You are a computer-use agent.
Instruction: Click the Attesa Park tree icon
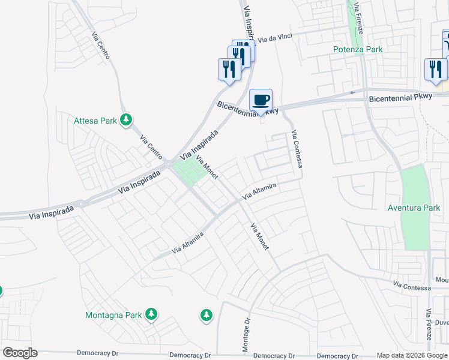coord(126,121)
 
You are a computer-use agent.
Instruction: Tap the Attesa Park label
coord(95,121)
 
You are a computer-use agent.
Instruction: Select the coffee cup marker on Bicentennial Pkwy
coord(261,100)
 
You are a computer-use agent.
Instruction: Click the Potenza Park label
coord(358,50)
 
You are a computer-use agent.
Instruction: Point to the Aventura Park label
coord(414,208)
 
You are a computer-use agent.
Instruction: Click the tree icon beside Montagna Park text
coord(152,314)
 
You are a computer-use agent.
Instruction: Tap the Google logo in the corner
coord(20,353)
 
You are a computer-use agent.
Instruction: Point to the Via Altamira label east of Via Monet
coord(259,192)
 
